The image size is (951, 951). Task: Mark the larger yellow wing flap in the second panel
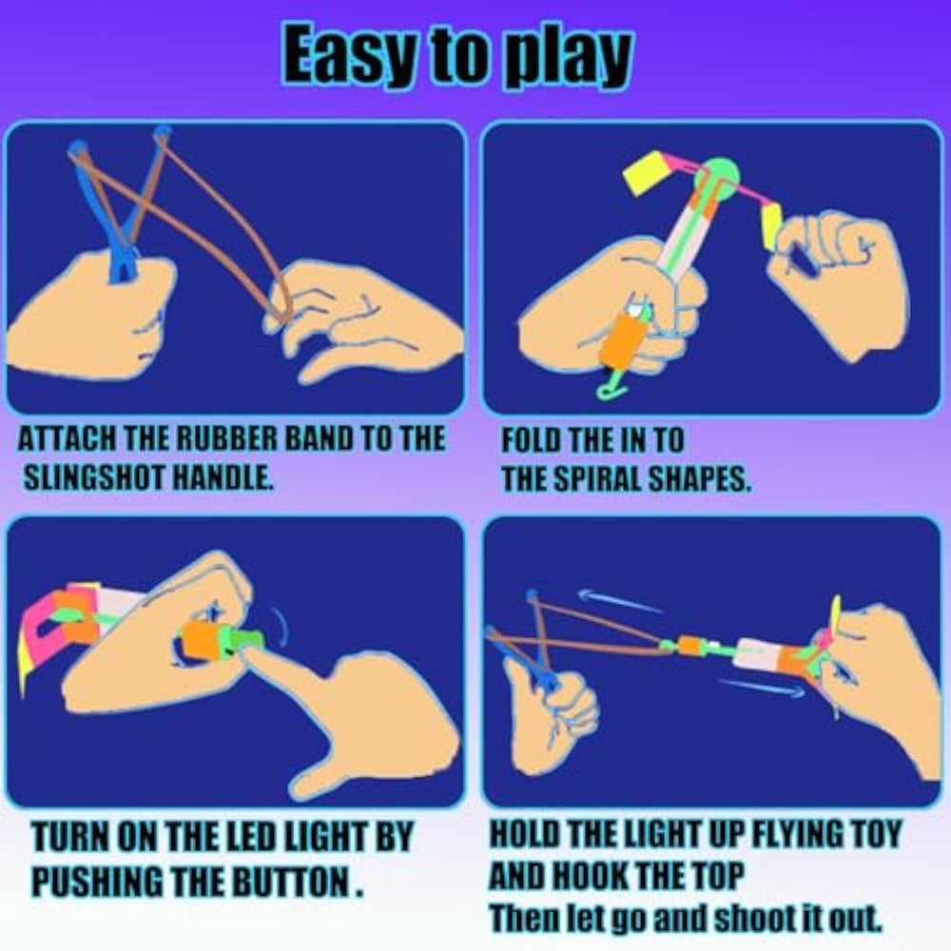click(646, 172)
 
